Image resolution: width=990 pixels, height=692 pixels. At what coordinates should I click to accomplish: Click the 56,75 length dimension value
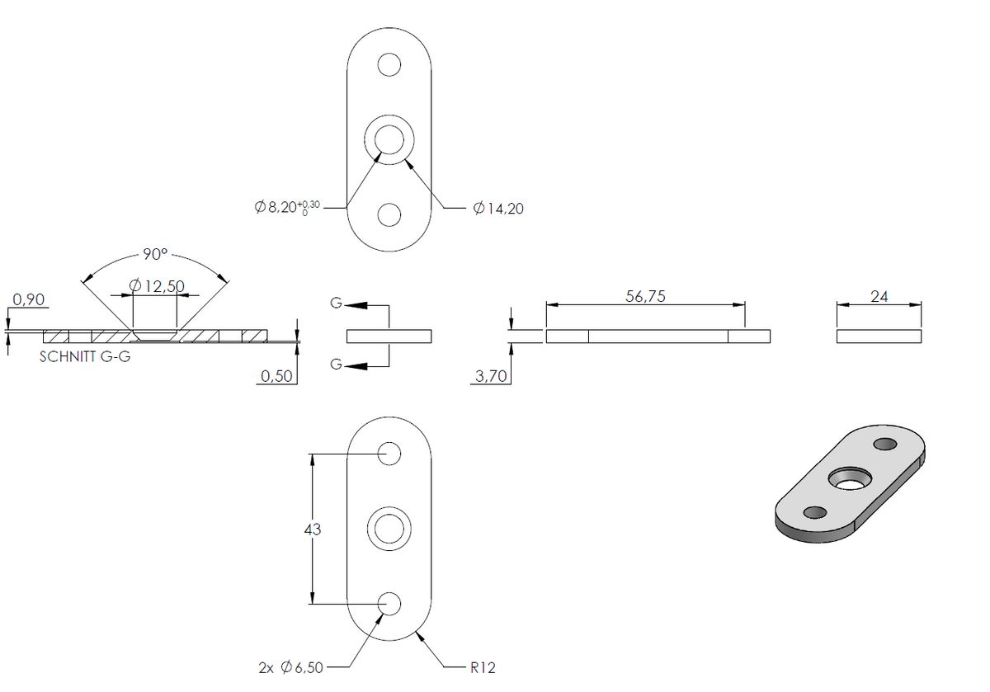coord(645,296)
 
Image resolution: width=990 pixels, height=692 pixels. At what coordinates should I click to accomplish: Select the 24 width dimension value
coord(879,296)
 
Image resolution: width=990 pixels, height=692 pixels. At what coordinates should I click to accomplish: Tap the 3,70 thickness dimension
coord(491,376)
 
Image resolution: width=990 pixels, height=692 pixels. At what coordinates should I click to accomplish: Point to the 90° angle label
coord(155,254)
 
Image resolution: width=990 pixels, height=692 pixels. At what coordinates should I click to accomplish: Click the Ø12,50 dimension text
coord(157,286)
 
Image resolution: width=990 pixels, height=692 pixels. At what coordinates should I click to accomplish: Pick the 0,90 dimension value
coord(28,299)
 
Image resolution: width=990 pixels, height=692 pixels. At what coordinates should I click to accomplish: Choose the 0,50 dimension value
coord(276,376)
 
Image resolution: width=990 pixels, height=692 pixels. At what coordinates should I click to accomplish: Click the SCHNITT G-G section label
coord(85,356)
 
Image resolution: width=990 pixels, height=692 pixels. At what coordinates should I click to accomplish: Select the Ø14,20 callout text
coord(498,208)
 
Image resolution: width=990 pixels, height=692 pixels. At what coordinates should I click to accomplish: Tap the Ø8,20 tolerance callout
coord(287,207)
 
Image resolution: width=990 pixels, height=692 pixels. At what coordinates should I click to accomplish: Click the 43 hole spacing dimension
coord(313,529)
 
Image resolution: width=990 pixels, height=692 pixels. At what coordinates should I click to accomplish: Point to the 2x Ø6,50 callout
coord(290,667)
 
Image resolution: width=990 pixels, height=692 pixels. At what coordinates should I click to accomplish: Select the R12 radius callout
coord(483,667)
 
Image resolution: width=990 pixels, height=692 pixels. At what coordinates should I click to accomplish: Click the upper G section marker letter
coord(336,304)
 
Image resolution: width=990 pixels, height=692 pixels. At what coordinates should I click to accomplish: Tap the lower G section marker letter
coord(336,364)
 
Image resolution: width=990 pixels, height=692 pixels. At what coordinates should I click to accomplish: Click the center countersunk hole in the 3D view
coord(850,479)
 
